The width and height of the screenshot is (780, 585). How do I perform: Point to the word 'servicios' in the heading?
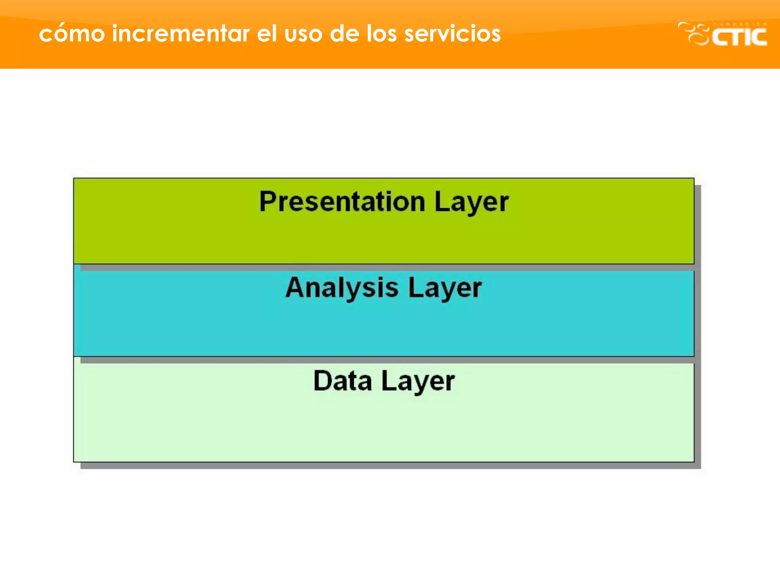452,34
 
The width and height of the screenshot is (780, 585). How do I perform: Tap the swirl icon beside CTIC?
694,34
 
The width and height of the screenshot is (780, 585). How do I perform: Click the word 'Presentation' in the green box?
342,201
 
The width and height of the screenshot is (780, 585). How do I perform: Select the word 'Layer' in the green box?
471,202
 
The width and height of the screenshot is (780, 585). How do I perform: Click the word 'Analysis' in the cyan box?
342,288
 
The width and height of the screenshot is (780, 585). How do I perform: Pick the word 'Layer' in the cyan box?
444,288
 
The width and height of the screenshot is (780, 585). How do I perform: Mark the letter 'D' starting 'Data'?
322,380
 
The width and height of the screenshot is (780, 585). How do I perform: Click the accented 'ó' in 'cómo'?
61,34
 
